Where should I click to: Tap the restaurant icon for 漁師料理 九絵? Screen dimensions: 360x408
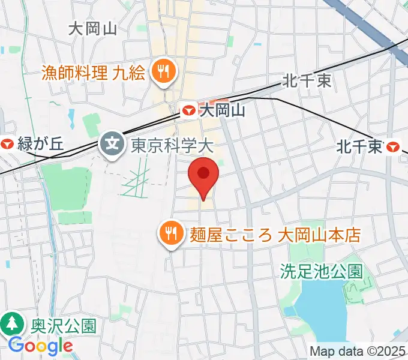point(162,73)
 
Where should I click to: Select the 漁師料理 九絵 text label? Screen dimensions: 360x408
point(94,73)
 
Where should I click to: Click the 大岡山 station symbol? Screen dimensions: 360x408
point(188,110)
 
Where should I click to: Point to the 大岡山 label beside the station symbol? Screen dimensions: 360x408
point(223,110)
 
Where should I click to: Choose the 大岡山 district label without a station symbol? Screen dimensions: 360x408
point(92,28)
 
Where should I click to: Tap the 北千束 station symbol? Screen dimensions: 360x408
point(394,146)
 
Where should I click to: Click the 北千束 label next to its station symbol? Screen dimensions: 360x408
point(359,146)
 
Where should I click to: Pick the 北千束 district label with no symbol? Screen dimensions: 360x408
point(308,80)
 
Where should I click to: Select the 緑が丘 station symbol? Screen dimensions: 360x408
point(8,144)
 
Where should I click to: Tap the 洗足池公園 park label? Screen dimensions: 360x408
point(322,271)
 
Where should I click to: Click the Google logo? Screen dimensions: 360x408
point(40,346)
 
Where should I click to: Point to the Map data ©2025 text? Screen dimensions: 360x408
point(358,351)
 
